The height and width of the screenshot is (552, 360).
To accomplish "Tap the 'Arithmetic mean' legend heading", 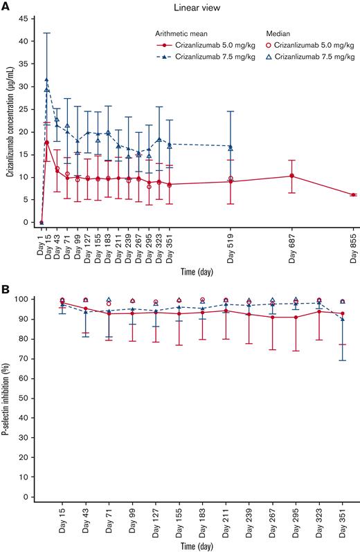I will click(x=181, y=33).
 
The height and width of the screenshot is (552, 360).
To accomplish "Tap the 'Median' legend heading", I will click(x=280, y=33).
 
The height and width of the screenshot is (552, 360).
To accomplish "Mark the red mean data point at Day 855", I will click(x=352, y=195).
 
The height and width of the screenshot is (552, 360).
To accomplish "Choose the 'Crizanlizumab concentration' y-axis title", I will click(x=9, y=121).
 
